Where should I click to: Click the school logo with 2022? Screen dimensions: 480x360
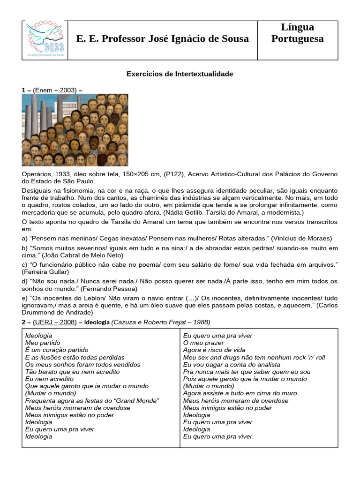pos(46,40)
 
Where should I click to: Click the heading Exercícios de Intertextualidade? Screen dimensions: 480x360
pos(180,74)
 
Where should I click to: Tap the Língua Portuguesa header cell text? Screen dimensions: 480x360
pos(297,33)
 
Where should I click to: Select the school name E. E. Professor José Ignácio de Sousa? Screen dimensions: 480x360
pos(163,39)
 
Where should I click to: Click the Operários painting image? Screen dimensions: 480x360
pos(75,130)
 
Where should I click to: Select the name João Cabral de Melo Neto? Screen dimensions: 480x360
pos(82,255)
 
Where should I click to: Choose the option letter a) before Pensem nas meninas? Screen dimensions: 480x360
pos(25,238)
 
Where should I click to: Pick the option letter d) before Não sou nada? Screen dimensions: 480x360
pos(25,281)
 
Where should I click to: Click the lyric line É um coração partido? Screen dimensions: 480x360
pos(57,350)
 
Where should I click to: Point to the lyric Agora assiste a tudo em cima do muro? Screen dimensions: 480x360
pos(240,393)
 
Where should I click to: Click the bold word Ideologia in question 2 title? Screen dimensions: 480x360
pos(97,322)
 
